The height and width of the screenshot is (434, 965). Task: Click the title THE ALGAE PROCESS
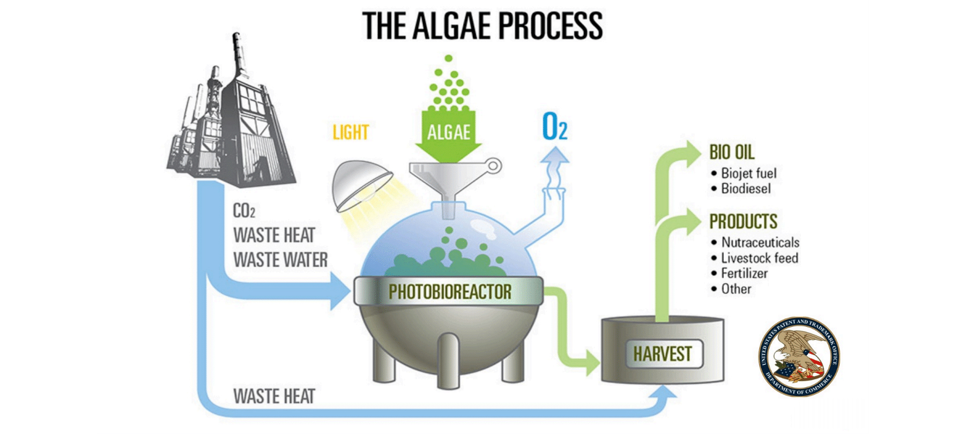(x=482, y=25)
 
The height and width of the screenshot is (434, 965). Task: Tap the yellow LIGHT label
(x=351, y=132)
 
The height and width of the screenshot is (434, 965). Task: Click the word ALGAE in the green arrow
(x=449, y=132)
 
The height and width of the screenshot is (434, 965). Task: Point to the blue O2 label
(x=554, y=128)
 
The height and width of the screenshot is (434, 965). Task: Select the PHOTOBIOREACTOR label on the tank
(x=449, y=292)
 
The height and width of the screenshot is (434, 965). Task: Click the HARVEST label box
(x=663, y=354)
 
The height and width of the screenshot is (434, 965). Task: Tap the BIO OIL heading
(x=732, y=152)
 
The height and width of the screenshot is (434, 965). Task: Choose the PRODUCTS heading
(x=743, y=221)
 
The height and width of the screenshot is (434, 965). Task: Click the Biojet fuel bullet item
(x=748, y=173)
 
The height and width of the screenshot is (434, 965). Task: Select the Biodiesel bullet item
(x=746, y=189)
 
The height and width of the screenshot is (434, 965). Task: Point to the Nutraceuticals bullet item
(x=760, y=242)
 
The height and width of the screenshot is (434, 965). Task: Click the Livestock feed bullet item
(x=759, y=258)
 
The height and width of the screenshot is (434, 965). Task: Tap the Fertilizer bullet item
(x=744, y=273)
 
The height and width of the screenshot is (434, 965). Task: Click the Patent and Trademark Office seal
(x=799, y=356)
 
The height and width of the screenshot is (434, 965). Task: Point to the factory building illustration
(x=233, y=118)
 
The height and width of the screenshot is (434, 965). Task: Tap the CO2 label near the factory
(x=244, y=211)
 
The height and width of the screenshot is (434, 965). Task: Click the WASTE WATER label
(x=280, y=260)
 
